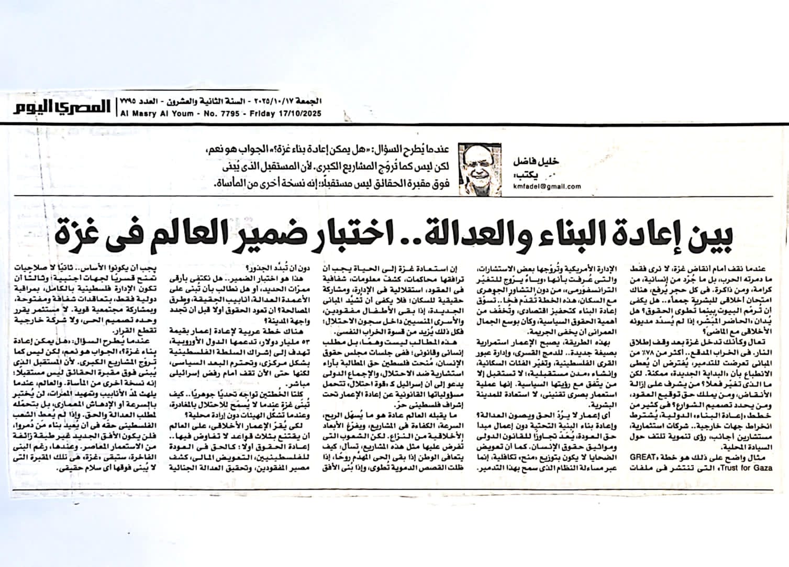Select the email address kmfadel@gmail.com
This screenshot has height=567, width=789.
point(547,186)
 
